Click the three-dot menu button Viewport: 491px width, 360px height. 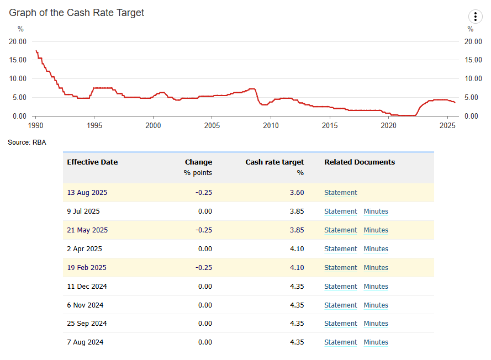tap(475, 17)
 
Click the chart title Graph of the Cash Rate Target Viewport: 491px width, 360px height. tap(76, 13)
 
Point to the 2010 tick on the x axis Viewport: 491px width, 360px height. tap(271, 125)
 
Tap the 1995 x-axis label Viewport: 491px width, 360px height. tap(94, 125)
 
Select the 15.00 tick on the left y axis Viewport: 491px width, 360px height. tap(18, 60)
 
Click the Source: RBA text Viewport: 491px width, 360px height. tap(27, 142)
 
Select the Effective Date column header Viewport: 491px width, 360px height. tap(92, 162)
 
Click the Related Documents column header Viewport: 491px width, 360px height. tap(360, 162)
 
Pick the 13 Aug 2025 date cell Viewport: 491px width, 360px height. tap(87, 193)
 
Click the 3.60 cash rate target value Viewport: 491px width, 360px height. tap(297, 193)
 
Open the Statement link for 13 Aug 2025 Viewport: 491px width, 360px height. tap(341, 193)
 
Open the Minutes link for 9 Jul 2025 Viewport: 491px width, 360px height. tap(376, 211)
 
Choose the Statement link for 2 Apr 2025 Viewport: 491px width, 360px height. tap(341, 249)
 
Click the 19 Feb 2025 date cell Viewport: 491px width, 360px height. tap(87, 268)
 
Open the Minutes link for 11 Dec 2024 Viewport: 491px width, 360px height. tap(376, 287)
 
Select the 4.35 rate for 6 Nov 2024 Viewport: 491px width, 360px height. tap(297, 305)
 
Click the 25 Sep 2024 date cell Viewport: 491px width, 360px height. tap(87, 324)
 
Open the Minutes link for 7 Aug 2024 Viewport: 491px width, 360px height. tap(376, 342)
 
